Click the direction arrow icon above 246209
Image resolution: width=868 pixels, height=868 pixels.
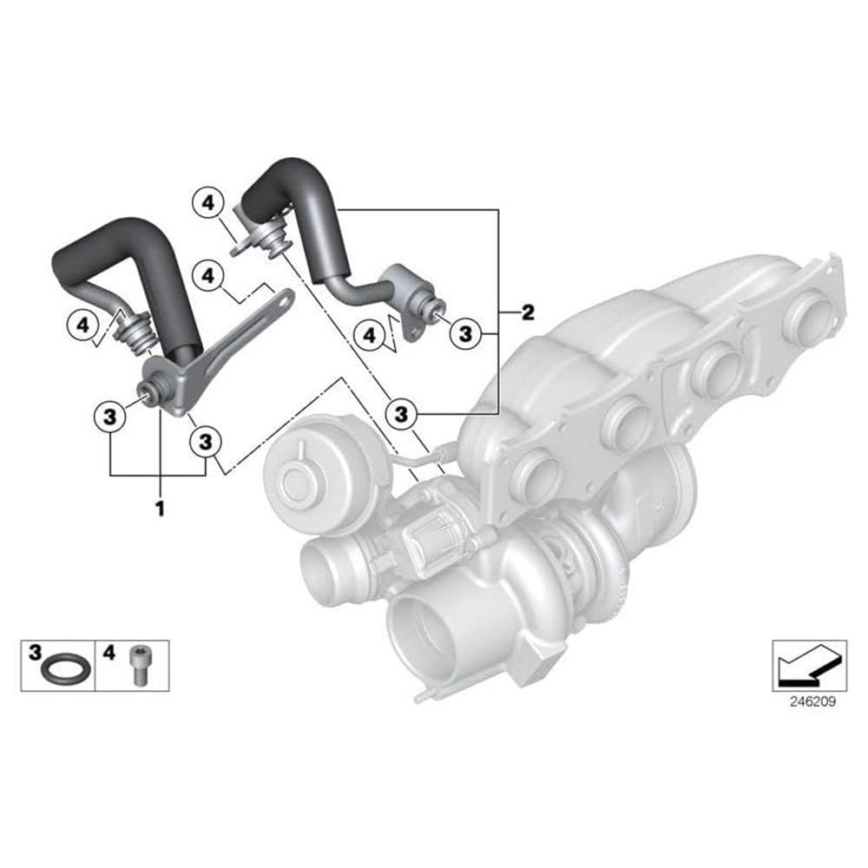point(809,665)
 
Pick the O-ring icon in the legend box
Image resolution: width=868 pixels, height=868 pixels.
point(64,669)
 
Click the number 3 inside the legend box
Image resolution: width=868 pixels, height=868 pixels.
point(35,649)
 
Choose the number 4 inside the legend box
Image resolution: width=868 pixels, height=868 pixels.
point(108,649)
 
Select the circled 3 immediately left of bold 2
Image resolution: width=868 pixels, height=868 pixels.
point(466,332)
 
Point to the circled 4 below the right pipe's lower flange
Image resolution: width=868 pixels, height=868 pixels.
point(371,333)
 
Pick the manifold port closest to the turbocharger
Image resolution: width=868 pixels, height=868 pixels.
point(536,475)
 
